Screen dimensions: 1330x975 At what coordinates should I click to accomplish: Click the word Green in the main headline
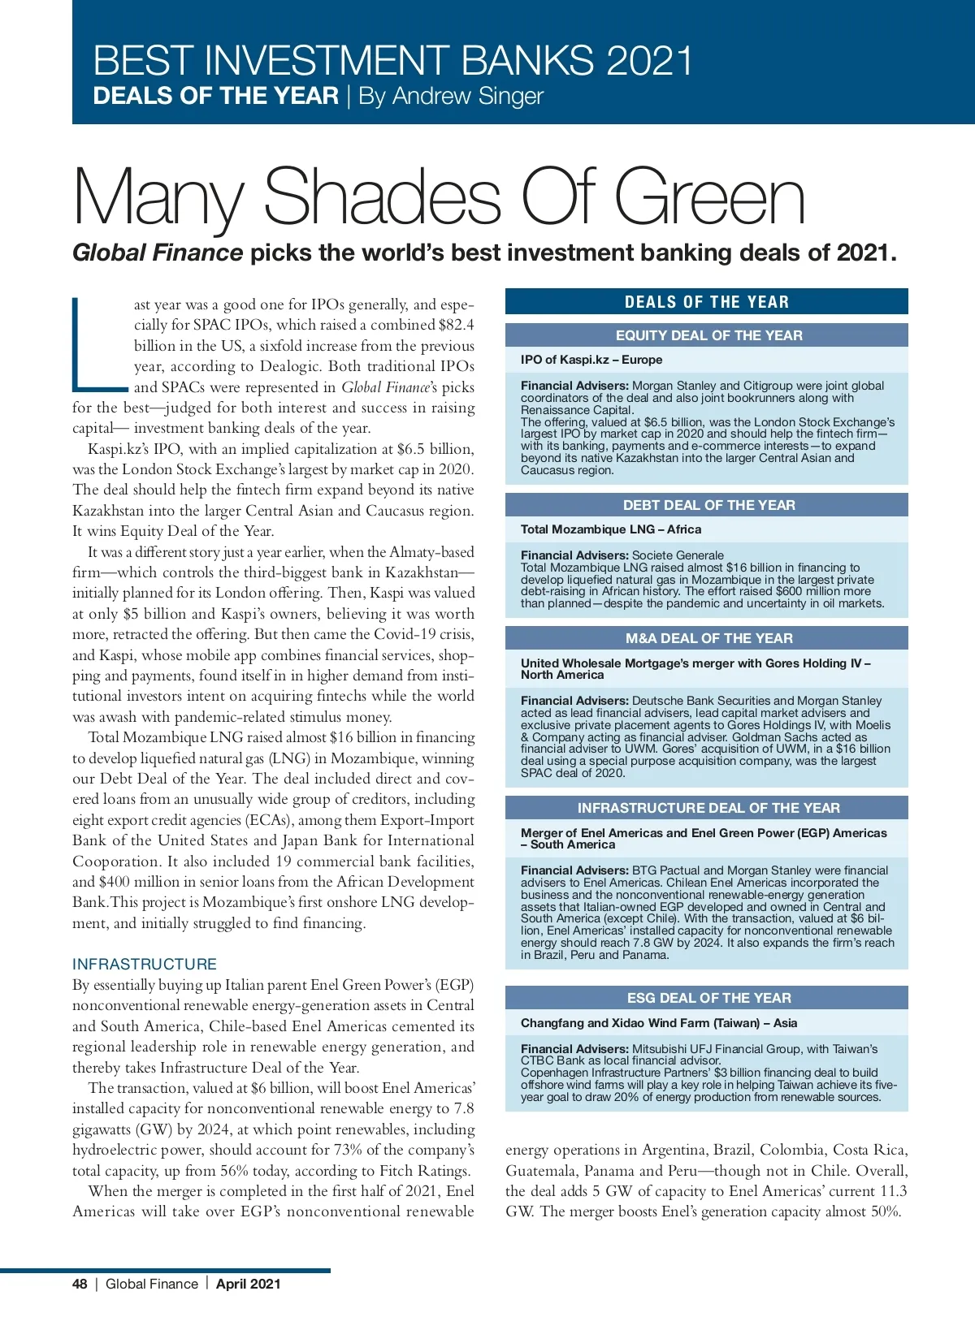point(709,197)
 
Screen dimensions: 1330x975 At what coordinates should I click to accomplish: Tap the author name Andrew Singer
point(467,96)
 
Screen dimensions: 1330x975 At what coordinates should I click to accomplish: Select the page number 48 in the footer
point(80,1284)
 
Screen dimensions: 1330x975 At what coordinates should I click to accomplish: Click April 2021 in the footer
point(249,1284)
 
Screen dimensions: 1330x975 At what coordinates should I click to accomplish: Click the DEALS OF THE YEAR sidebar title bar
point(706,302)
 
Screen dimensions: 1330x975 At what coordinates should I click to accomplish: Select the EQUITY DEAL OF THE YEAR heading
point(708,335)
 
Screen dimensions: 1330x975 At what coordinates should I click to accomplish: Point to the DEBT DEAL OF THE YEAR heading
point(708,505)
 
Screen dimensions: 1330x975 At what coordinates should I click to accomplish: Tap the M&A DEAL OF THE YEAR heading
point(708,638)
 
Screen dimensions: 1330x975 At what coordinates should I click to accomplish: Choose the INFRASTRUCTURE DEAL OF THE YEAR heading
point(708,808)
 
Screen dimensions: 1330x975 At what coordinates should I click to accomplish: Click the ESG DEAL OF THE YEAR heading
point(708,998)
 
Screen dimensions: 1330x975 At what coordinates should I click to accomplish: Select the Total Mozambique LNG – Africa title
point(611,529)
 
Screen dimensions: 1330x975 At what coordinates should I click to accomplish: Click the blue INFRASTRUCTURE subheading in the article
point(145,964)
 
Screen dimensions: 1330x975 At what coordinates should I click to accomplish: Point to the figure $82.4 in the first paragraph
point(456,325)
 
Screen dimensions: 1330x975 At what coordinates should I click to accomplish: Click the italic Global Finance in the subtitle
point(158,253)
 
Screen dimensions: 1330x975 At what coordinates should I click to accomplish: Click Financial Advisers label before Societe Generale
point(574,555)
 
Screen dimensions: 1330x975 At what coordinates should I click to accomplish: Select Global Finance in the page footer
point(152,1284)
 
